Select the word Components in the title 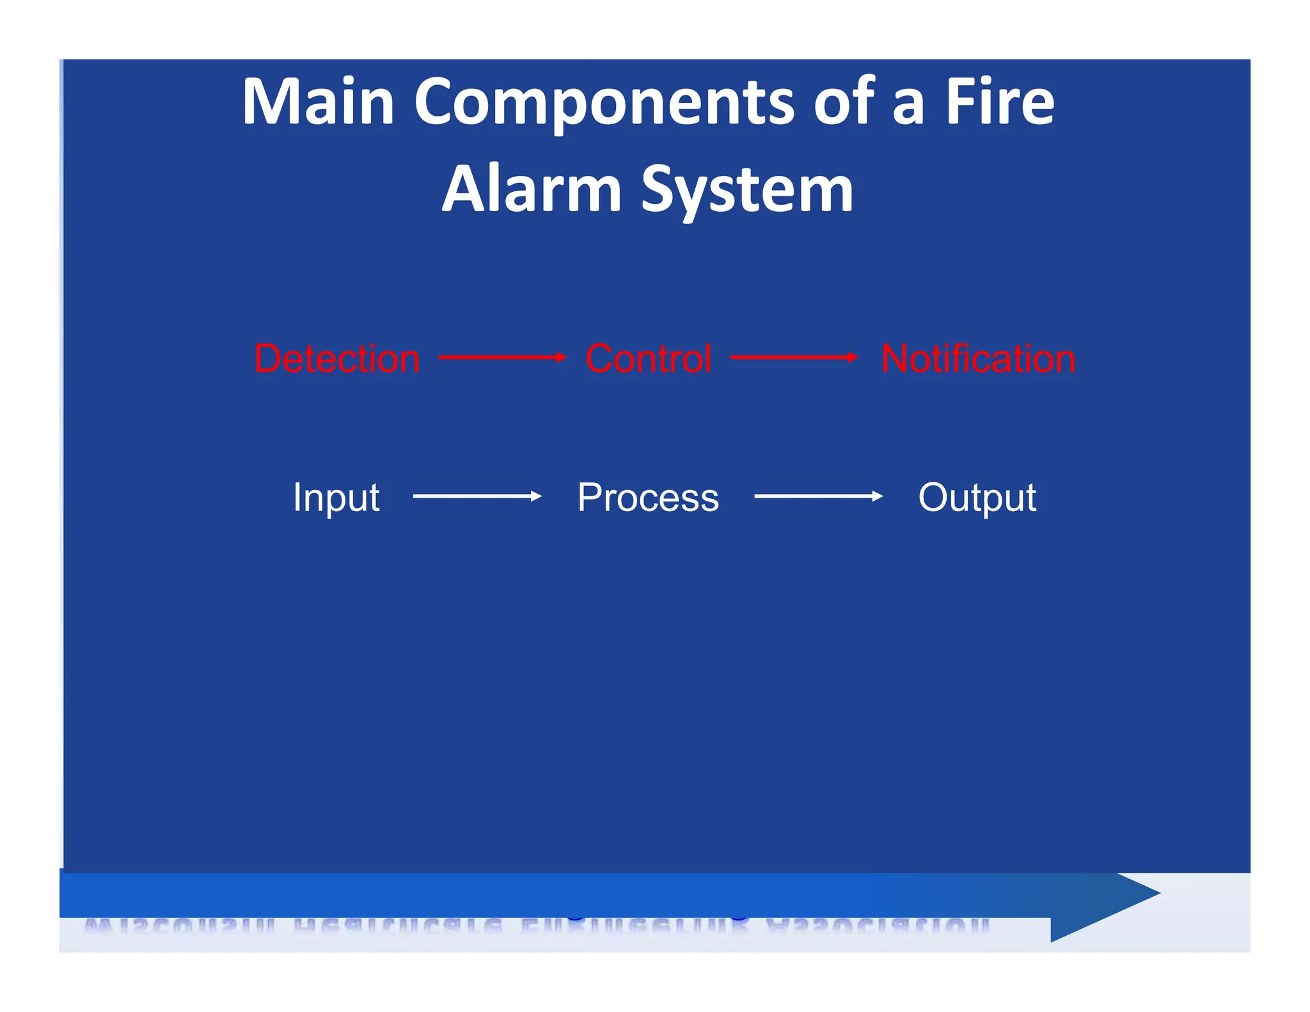pyautogui.click(x=604, y=102)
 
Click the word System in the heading pyautogui.click(x=747, y=190)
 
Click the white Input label pyautogui.click(x=336, y=498)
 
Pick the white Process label pyautogui.click(x=648, y=498)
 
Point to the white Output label pyautogui.click(x=977, y=498)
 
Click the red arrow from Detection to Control pyautogui.click(x=502, y=358)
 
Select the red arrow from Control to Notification pyautogui.click(x=793, y=358)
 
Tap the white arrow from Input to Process pyautogui.click(x=477, y=496)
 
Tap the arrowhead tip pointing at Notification pyautogui.click(x=856, y=358)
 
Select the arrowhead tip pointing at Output pyautogui.click(x=881, y=496)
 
